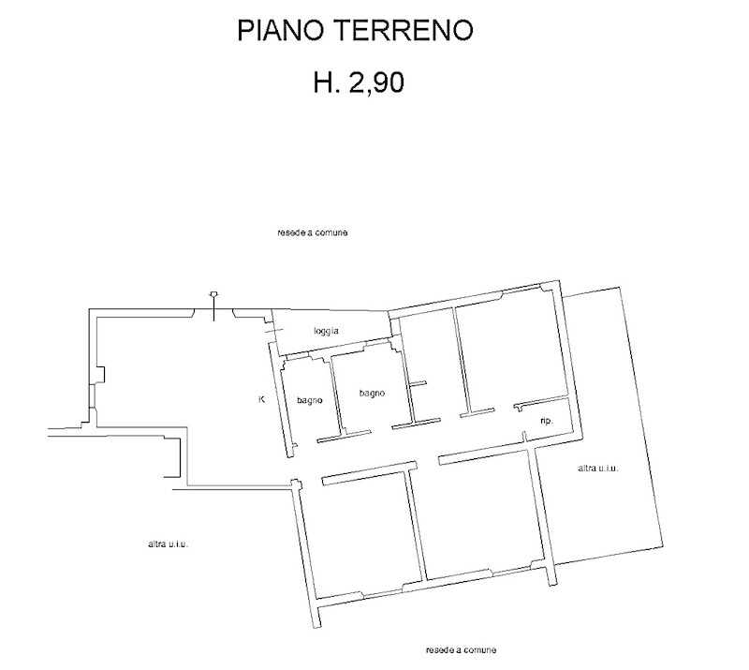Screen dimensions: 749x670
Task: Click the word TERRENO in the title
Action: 404,30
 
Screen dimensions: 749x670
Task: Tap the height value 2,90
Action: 377,82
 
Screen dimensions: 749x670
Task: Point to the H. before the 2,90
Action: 327,82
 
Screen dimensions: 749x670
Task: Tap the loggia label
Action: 327,331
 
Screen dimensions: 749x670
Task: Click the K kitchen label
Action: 261,399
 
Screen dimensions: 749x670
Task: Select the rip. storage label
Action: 547,422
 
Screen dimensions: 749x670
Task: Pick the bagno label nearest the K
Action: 310,401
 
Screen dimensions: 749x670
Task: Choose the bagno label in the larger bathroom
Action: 372,394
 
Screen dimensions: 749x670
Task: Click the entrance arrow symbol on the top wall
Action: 214,306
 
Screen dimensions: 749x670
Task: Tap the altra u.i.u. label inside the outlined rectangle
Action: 598,469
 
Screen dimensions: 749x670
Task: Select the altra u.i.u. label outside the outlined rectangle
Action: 169,544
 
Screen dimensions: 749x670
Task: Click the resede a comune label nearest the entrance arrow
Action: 313,233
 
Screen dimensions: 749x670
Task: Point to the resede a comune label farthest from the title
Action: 461,650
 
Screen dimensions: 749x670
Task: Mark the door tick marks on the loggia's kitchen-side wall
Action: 273,331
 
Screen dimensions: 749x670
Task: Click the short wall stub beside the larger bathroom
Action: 418,383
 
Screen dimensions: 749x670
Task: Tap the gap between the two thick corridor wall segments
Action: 428,463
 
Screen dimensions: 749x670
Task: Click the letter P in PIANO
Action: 245,30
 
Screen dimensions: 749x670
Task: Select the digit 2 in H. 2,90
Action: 357,82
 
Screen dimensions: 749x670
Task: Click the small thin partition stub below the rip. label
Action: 524,437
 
